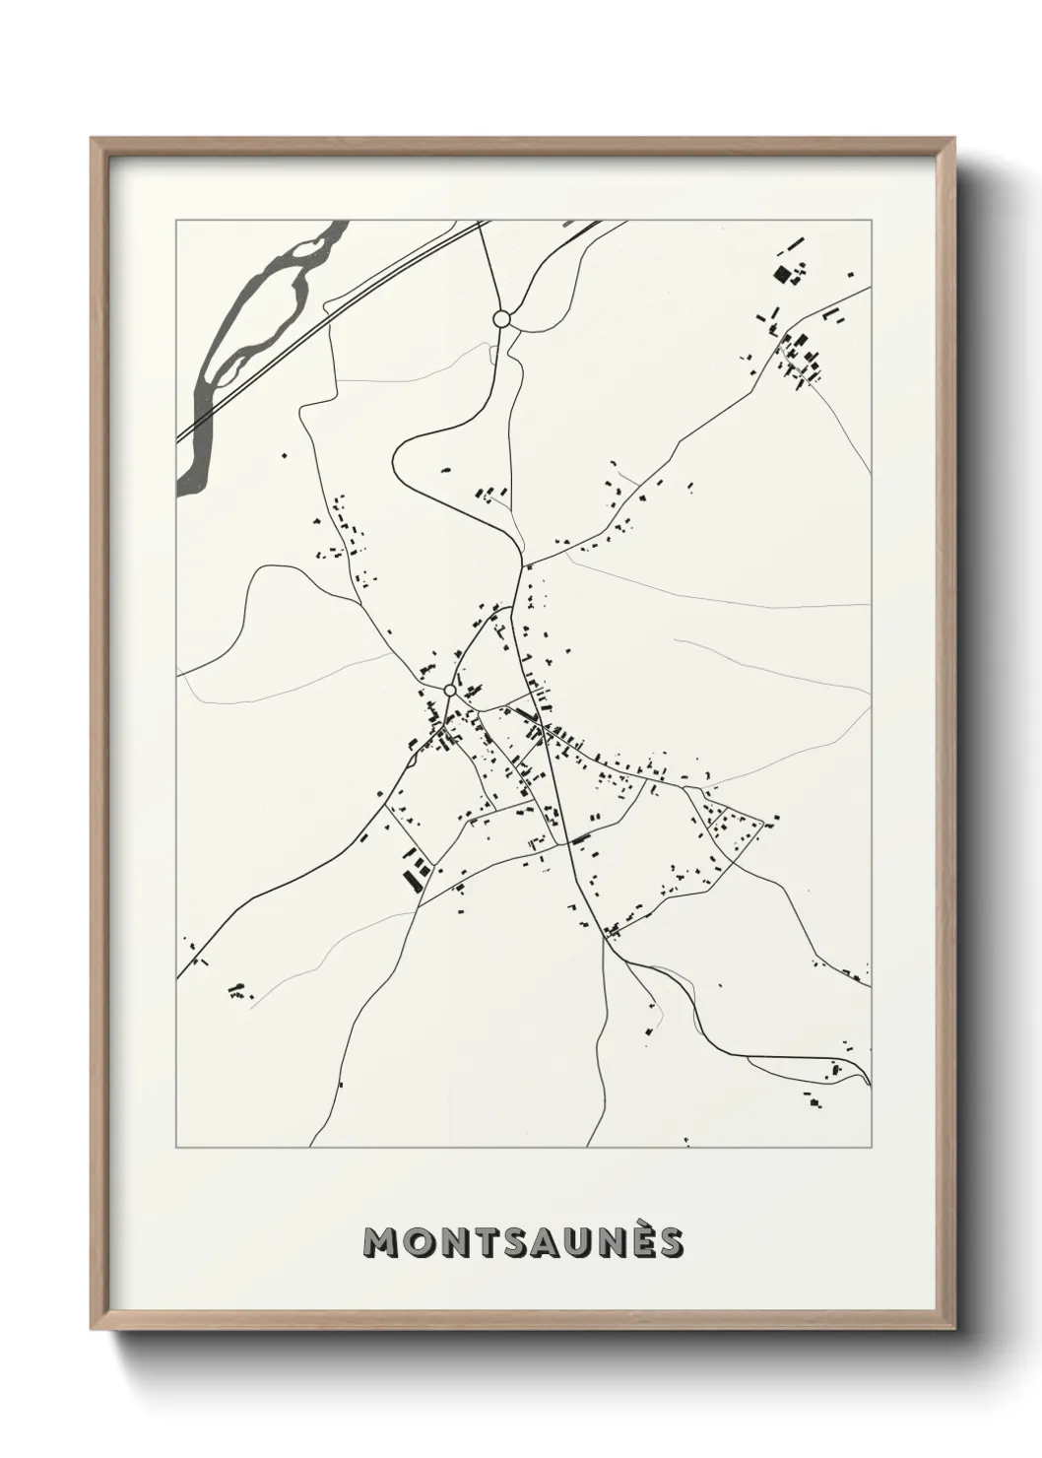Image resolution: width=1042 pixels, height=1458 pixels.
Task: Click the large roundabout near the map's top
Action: click(501, 318)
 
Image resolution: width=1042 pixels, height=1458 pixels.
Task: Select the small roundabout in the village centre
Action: click(450, 691)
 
